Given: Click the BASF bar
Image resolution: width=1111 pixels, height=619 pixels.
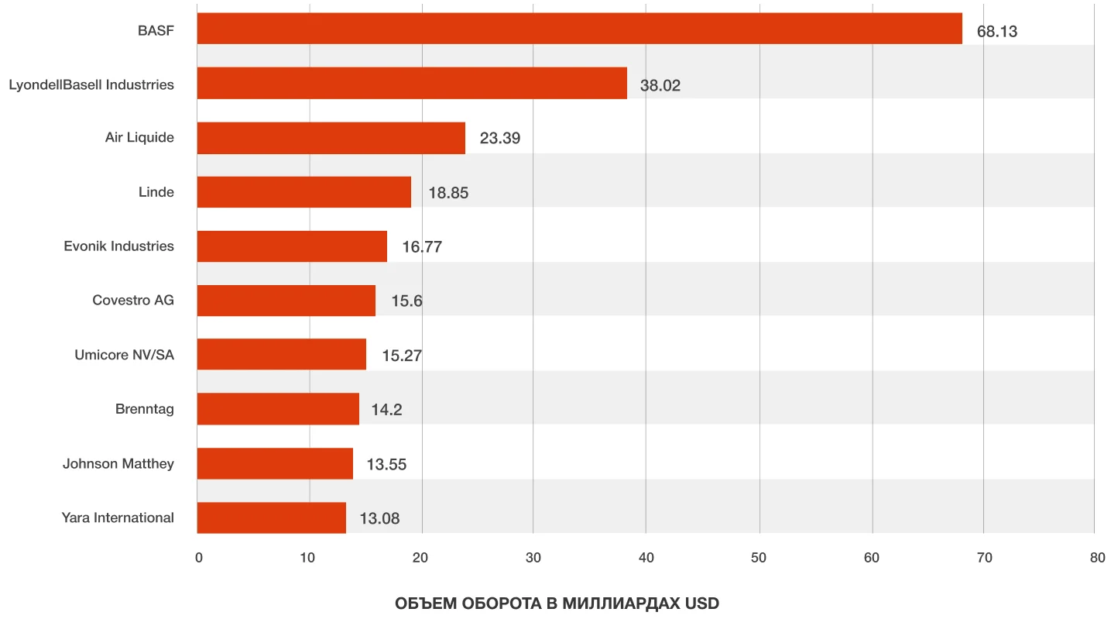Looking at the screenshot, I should [579, 29].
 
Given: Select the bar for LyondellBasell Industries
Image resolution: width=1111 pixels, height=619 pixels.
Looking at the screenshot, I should [412, 83].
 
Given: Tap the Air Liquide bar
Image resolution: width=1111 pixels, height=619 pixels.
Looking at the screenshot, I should [331, 138].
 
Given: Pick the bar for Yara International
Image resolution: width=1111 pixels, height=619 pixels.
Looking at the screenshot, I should [271, 518].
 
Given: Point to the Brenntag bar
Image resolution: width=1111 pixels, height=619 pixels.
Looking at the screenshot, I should [278, 409].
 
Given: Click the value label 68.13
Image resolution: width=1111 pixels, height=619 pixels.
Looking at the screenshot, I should [997, 32].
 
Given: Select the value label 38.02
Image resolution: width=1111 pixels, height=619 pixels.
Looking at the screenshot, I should [660, 85].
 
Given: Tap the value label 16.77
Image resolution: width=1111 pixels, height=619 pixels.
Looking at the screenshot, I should [422, 247].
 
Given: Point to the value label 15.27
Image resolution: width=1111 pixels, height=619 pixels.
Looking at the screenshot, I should [402, 356].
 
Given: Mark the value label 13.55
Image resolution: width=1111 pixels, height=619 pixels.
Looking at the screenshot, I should [386, 464].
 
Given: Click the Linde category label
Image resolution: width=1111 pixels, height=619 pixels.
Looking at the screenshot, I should [156, 192].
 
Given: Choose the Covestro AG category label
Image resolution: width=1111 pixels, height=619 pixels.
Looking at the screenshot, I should [133, 301].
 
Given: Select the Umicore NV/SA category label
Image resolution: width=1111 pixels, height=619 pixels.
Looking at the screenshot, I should [124, 355].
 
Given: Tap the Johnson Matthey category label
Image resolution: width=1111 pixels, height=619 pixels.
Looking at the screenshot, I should [118, 463].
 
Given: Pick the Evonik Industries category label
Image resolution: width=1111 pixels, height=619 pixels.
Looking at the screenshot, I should [119, 246].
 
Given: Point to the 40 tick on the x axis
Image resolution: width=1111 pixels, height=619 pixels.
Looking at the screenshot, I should [646, 558].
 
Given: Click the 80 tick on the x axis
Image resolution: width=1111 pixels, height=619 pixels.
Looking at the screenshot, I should [1096, 558].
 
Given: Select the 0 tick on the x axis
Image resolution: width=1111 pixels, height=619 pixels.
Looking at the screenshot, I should [199, 558].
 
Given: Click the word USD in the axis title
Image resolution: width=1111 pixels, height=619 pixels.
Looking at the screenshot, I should [702, 604].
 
